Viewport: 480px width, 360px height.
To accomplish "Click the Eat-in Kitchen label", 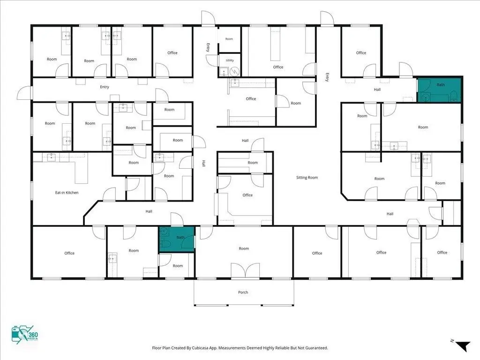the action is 67,193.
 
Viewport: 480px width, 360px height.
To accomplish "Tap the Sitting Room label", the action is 307,178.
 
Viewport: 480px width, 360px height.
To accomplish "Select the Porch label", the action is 243,292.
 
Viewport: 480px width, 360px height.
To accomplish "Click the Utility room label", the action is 230,60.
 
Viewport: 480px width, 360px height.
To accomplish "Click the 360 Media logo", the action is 25,335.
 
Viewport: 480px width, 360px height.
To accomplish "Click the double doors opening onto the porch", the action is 245,270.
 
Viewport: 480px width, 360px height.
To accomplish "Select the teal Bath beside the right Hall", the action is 439,90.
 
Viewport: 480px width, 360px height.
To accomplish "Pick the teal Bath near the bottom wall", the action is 177,240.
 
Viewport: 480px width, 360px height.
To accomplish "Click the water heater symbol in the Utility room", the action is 234,71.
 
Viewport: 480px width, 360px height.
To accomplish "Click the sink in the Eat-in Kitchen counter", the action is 51,157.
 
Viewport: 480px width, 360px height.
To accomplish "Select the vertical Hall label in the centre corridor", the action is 203,164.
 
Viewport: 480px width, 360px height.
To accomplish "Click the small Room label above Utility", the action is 229,39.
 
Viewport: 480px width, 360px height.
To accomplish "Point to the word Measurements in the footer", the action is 232,348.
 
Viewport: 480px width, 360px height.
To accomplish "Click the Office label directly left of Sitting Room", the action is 247,195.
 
